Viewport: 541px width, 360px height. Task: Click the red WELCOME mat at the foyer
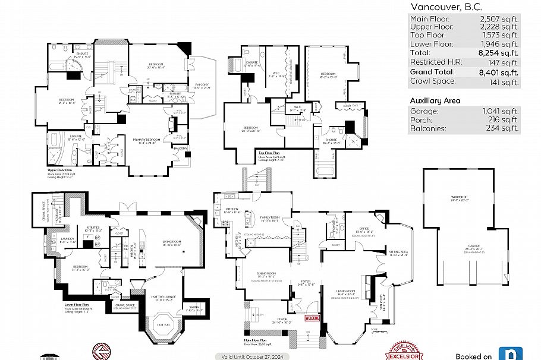(312, 318)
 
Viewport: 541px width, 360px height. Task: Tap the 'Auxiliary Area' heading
(435, 100)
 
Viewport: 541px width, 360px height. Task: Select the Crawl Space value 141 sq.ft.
(503, 81)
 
